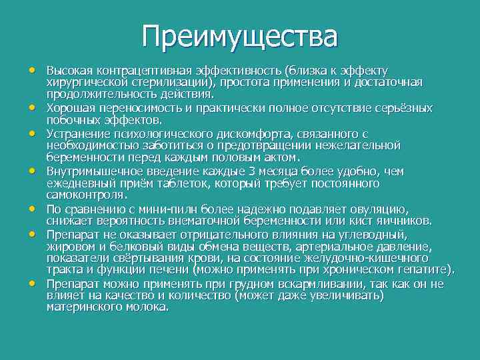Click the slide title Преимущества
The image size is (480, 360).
click(x=240, y=36)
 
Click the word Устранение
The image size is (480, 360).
click(x=74, y=133)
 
